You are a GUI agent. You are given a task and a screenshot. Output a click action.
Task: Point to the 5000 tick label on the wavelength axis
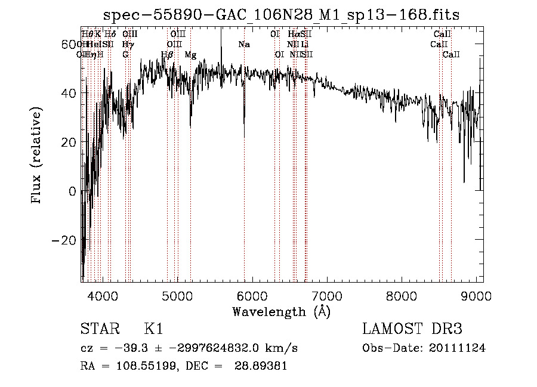(x=177, y=296)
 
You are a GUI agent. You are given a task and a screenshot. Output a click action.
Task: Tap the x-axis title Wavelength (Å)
(x=281, y=311)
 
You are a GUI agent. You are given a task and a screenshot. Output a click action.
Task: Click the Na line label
(x=243, y=45)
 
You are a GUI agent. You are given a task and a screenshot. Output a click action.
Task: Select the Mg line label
(x=190, y=55)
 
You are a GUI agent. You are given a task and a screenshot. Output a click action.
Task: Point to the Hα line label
(x=293, y=35)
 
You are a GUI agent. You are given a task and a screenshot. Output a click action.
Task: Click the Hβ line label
(x=167, y=55)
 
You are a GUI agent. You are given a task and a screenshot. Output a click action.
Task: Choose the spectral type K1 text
(x=153, y=329)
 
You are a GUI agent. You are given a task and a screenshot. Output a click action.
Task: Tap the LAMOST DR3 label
(x=412, y=329)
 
